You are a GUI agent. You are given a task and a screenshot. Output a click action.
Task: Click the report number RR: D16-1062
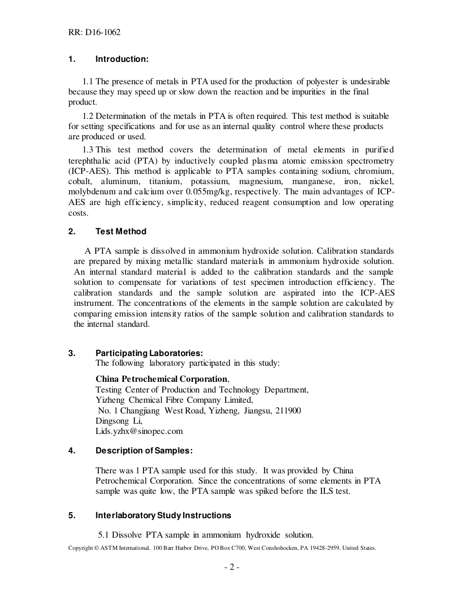point(94,33)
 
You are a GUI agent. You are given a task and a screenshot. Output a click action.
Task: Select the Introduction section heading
point(122,59)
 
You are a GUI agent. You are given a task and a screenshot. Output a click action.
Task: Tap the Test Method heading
point(121,232)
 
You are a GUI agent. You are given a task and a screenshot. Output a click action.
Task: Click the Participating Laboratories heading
point(149,353)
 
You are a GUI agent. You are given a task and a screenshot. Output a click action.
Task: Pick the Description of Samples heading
point(144,451)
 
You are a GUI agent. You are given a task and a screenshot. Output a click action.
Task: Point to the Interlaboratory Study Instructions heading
point(163,515)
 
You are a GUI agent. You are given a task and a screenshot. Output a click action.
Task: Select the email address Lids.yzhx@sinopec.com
point(139,431)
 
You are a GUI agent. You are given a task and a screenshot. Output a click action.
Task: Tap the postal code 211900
point(288,411)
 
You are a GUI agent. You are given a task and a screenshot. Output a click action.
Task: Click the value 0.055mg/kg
point(201,192)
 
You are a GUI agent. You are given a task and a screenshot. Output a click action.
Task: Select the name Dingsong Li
point(119,421)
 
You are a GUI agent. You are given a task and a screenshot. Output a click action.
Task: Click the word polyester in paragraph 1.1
point(327,81)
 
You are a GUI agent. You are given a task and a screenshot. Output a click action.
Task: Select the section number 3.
point(71,353)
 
